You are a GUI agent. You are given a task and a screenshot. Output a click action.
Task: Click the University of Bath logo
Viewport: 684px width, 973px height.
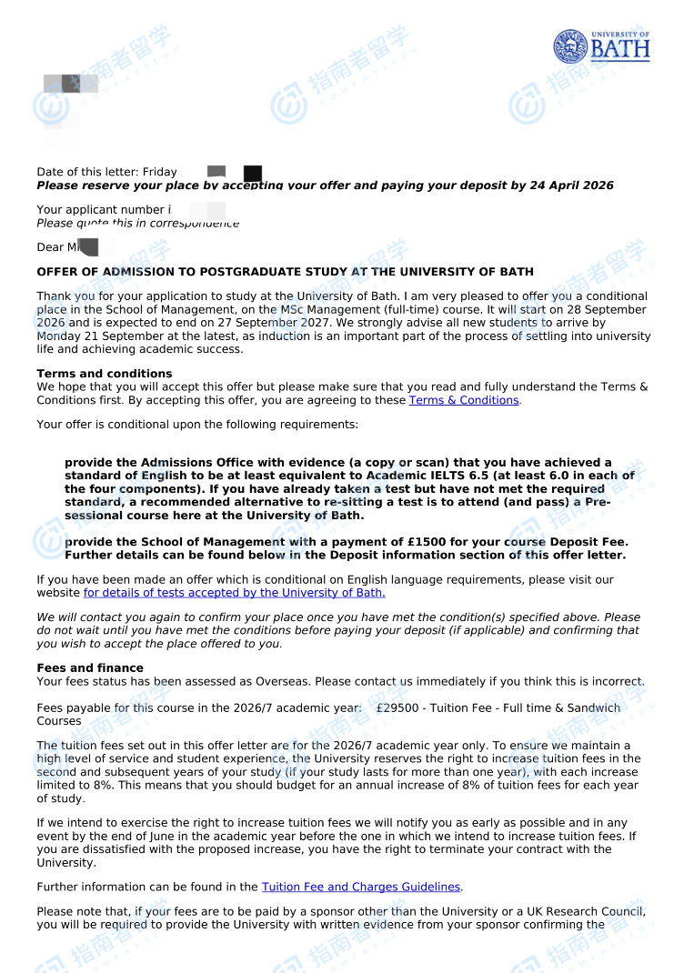(x=601, y=45)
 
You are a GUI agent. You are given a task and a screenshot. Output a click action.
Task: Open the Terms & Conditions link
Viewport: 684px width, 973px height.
(x=464, y=400)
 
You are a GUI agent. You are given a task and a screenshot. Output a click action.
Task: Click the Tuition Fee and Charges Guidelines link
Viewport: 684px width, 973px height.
(x=361, y=887)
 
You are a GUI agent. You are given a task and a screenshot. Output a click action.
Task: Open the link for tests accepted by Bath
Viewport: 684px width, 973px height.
(x=234, y=593)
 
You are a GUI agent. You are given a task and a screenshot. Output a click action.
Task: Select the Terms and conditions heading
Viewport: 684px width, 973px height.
(x=104, y=374)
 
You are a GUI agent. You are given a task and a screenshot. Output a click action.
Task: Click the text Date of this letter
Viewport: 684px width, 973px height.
(x=87, y=172)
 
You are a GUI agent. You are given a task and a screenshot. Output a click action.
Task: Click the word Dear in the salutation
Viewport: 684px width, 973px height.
(x=49, y=247)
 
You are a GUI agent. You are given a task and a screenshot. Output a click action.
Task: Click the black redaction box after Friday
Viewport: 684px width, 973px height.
(x=253, y=173)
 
